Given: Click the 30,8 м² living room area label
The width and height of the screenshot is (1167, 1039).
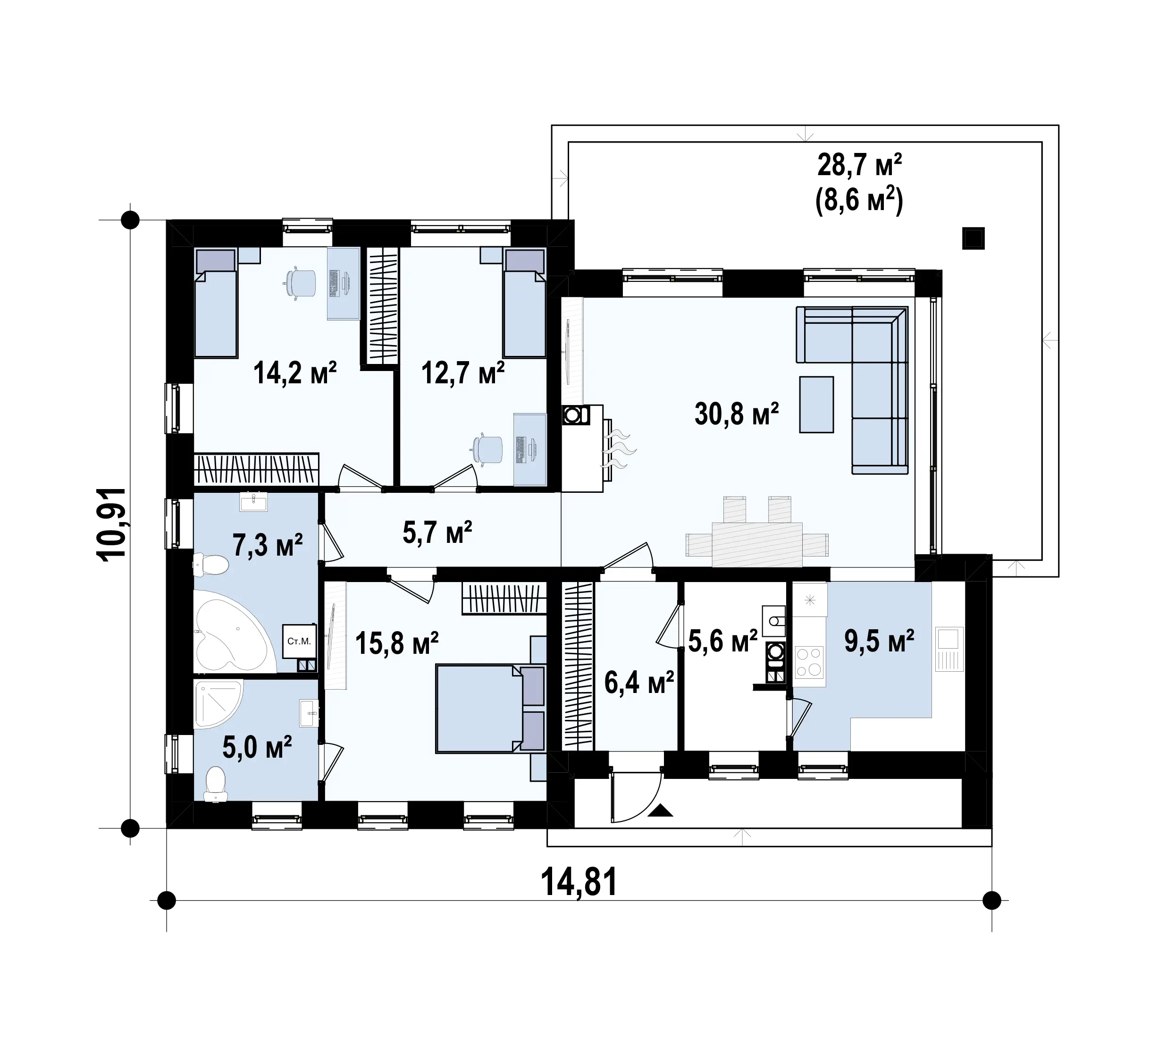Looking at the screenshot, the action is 737,414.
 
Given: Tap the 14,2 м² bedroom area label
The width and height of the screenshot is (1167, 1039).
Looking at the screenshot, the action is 294,373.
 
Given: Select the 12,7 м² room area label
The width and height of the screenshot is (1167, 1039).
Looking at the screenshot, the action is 462,373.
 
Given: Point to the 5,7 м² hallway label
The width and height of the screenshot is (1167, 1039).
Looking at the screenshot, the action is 437,532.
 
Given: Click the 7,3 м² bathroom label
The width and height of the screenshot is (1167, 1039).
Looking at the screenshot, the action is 267,545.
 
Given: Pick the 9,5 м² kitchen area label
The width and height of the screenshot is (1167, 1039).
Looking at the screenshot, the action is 879,641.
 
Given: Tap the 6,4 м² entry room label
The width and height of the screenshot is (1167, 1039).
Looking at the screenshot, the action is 639,682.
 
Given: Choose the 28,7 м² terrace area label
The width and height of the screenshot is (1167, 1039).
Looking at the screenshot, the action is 860,166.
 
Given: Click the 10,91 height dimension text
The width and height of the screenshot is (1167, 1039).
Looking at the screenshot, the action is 111,524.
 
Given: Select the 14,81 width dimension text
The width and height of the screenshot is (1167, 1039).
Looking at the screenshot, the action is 579,882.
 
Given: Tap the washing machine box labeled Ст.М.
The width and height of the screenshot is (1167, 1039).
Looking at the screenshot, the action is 299,642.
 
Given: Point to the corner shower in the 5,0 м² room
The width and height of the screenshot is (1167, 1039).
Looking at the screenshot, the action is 218,704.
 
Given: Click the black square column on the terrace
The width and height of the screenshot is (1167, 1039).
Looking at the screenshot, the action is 973,238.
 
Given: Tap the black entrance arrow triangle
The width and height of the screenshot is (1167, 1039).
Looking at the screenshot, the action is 661,810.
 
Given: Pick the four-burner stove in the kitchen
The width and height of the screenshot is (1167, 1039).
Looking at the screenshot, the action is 809,661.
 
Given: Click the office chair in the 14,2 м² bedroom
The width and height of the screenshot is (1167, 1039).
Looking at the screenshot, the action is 300,283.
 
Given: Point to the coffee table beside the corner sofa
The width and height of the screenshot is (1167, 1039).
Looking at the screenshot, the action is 816,404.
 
